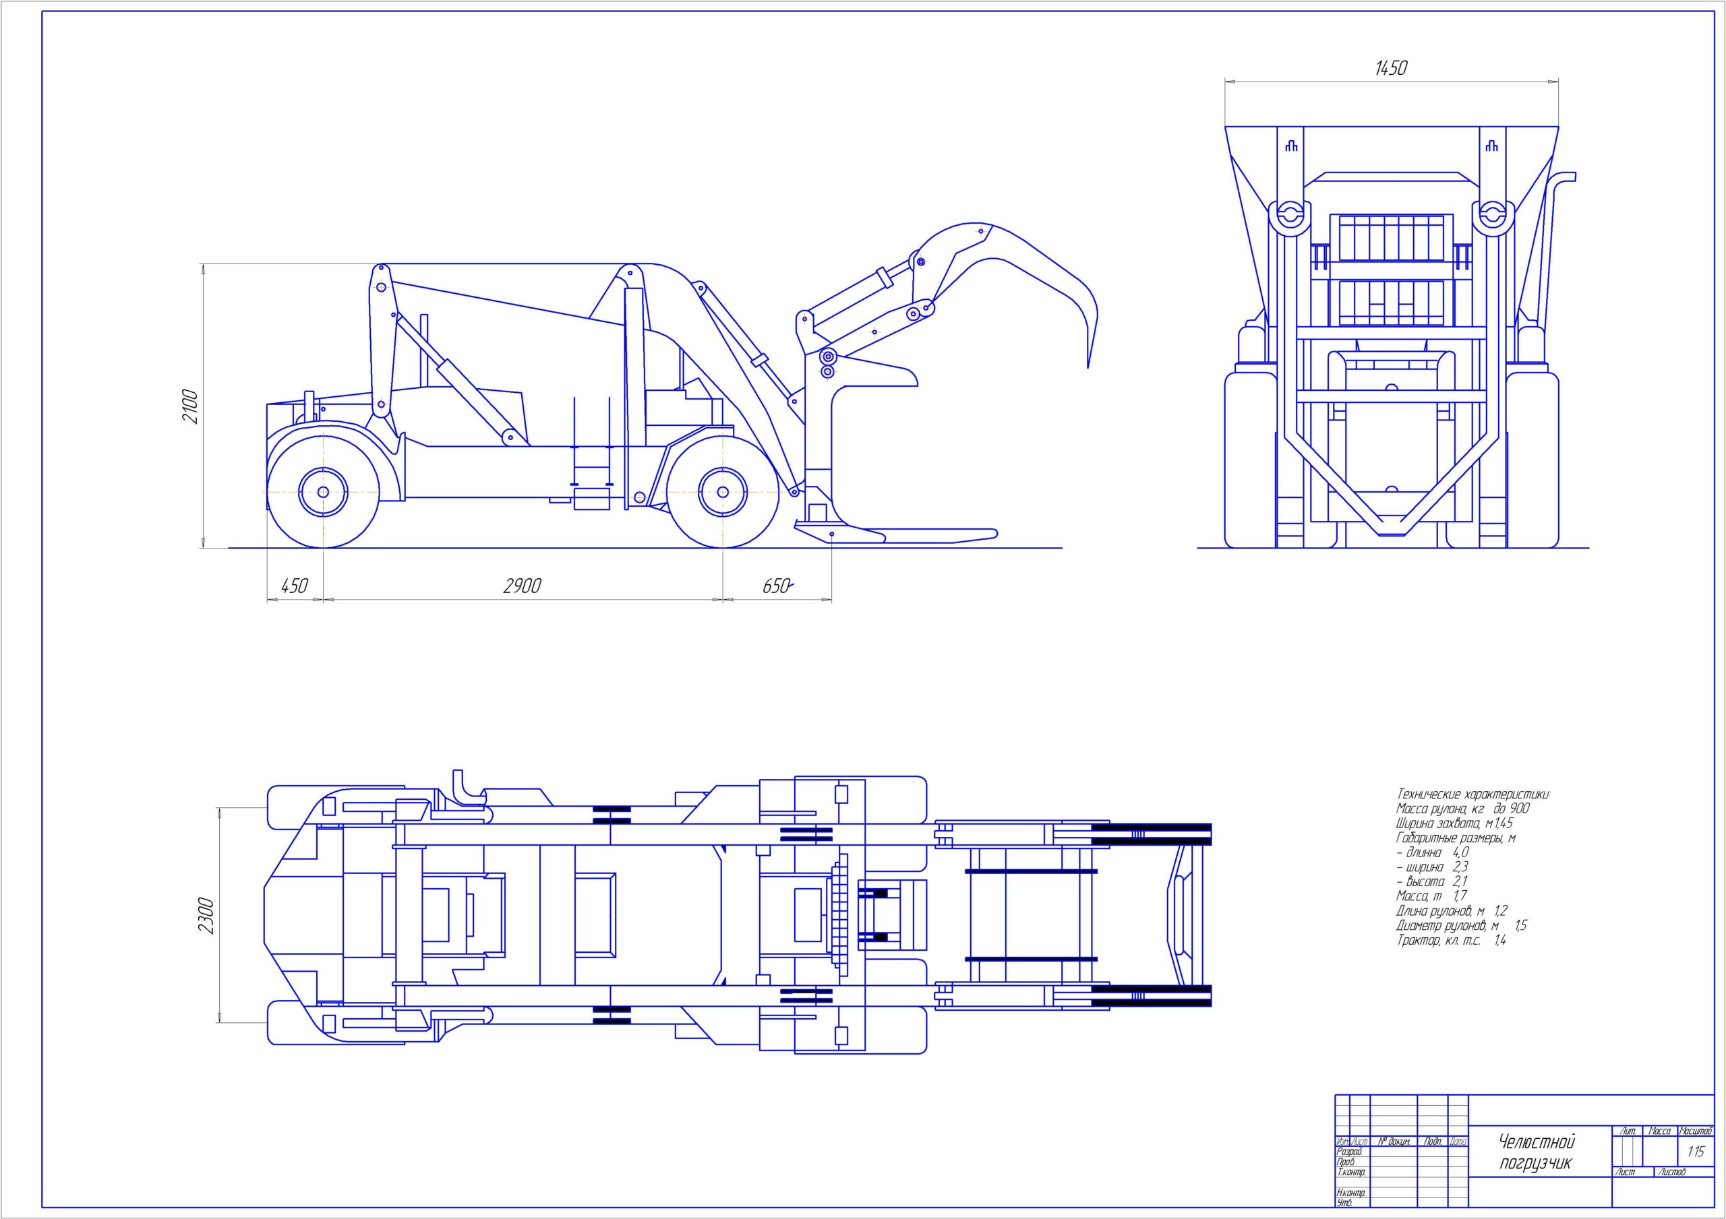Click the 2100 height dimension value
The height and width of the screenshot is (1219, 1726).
pyautogui.click(x=191, y=406)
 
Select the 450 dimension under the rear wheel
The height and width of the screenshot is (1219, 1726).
pyautogui.click(x=294, y=586)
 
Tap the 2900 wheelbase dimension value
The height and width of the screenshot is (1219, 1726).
pyautogui.click(x=522, y=586)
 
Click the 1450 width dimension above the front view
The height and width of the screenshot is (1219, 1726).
pyautogui.click(x=1390, y=68)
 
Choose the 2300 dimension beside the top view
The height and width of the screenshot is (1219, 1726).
pyautogui.click(x=206, y=915)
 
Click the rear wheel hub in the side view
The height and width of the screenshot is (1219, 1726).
pyautogui.click(x=322, y=493)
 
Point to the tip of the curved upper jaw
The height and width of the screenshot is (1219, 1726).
pyautogui.click(x=1088, y=365)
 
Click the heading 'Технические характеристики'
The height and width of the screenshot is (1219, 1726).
pyautogui.click(x=1473, y=794)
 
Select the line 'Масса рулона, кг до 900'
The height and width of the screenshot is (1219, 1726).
pyautogui.click(x=1462, y=809)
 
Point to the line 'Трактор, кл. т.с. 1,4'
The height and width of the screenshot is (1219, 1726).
pyautogui.click(x=1451, y=940)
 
